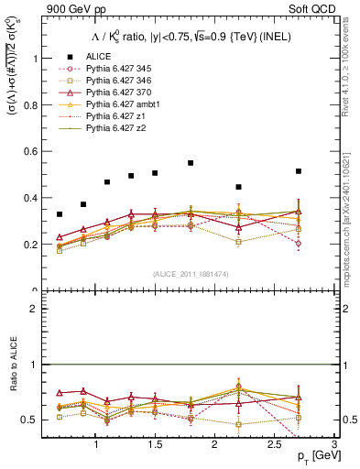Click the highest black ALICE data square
click(x=191, y=163)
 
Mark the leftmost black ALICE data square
click(x=60, y=214)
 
